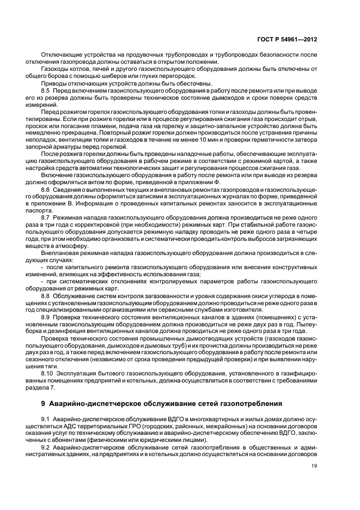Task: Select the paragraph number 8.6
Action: pyautogui.click(x=46, y=189)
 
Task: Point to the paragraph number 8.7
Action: pyautogui.click(x=46, y=217)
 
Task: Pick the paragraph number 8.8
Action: pyautogui.click(x=46, y=295)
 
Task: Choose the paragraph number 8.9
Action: pyautogui.click(x=46, y=317)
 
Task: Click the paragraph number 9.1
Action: pyautogui.click(x=46, y=416)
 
